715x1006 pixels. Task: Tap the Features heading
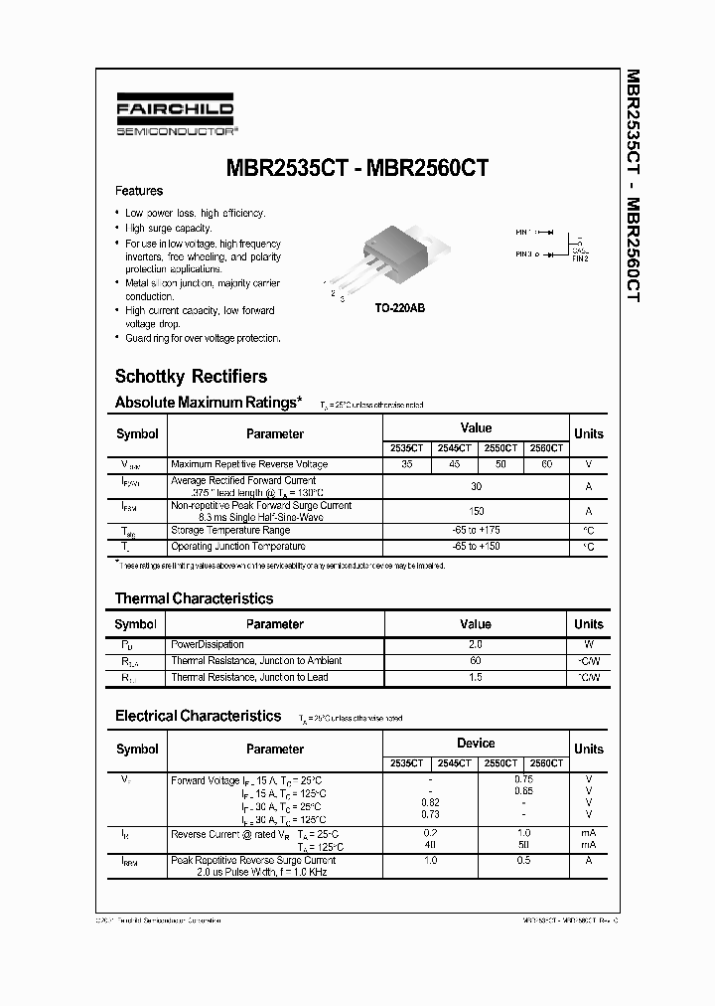pyautogui.click(x=139, y=191)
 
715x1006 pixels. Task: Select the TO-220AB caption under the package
pyautogui.click(x=399, y=309)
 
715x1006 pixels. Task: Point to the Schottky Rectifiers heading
pyautogui.click(x=191, y=377)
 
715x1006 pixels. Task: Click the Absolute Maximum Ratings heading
pyautogui.click(x=208, y=403)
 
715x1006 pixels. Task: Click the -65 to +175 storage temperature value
pyautogui.click(x=476, y=531)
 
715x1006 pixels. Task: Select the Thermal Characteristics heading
pyautogui.click(x=194, y=598)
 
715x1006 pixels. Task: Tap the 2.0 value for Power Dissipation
pyautogui.click(x=476, y=645)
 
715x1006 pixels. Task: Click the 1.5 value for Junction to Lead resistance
pyautogui.click(x=476, y=677)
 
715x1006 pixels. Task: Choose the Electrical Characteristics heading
pyautogui.click(x=198, y=716)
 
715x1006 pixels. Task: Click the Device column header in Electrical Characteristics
pyautogui.click(x=476, y=743)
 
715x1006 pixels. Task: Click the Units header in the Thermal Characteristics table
pyautogui.click(x=588, y=624)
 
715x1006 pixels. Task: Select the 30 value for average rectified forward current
pyautogui.click(x=476, y=486)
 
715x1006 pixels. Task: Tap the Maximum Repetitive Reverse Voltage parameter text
pyautogui.click(x=248, y=464)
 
